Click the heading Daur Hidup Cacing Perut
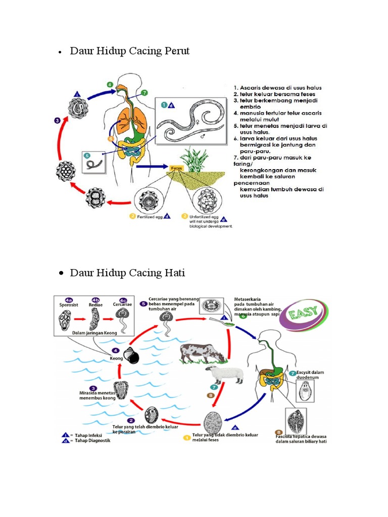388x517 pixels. (130, 51)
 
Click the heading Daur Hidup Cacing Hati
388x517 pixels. (127, 273)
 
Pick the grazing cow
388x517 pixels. (202, 352)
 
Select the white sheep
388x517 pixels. (225, 375)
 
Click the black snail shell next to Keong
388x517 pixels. (133, 356)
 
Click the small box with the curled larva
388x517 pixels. (94, 162)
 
